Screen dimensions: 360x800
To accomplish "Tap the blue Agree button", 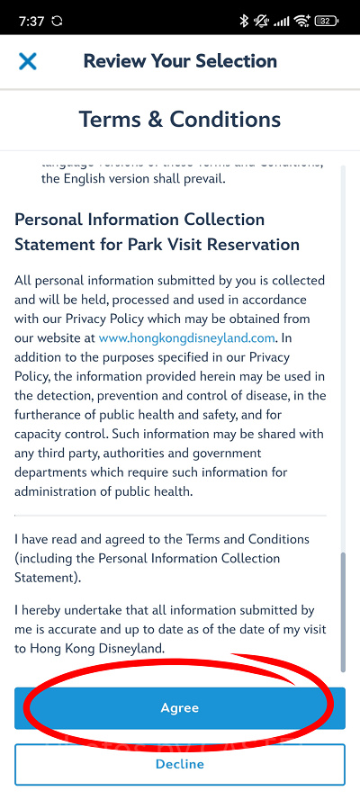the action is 179,708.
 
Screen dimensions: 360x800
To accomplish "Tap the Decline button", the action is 179,764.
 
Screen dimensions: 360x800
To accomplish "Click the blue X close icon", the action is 28,61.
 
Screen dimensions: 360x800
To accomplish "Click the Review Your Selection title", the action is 180,61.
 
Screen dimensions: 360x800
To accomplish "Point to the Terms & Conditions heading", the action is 180,119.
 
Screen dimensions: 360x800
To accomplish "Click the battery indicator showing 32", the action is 326,20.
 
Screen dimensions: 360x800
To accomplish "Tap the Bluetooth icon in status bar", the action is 244,20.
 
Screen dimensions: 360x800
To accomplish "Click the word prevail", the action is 198,178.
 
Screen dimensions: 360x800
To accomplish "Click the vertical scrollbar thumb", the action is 342,612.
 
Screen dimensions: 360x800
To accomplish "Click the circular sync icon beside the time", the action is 58,20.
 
